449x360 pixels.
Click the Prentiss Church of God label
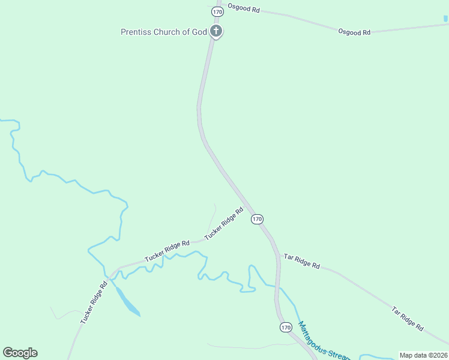(163, 32)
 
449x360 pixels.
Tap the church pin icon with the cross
(216, 31)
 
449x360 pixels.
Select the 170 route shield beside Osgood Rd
(217, 11)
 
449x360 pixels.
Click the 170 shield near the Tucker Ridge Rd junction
(257, 219)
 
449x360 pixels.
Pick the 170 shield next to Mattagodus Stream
(286, 327)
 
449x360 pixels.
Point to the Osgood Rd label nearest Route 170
(244, 10)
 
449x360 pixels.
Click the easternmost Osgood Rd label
(354, 32)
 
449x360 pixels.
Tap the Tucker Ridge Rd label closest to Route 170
(223, 224)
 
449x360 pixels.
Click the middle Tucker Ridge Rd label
(166, 251)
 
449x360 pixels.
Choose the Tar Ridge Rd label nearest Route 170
(302, 260)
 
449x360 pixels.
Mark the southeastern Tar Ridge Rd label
(408, 319)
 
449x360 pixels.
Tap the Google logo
(20, 353)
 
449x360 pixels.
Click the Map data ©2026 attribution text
(423, 355)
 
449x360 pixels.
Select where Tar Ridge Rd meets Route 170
(279, 255)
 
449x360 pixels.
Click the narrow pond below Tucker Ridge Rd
(127, 302)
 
